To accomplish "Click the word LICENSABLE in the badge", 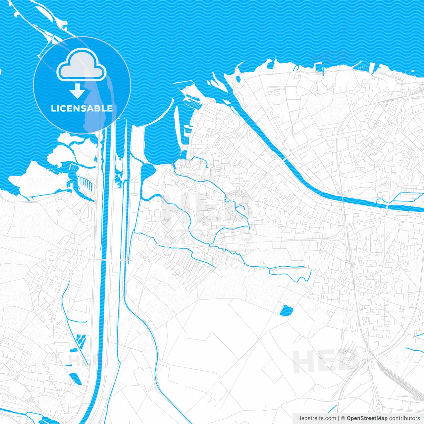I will coord(82,108).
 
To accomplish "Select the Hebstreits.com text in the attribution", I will coord(316,418).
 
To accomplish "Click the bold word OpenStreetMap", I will coord(367,418).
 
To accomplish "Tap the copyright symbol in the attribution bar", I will coord(343,418).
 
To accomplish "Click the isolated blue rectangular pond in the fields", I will coord(287,311).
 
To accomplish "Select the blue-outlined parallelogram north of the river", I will coord(406,197).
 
